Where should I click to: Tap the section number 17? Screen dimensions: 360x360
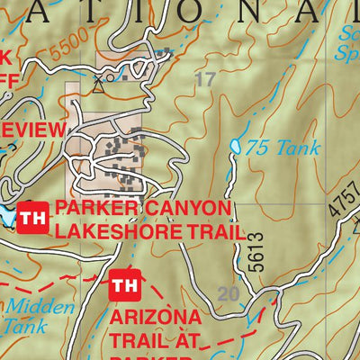[x=205, y=80]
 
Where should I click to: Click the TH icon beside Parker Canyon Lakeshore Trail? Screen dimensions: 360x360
[x=32, y=218]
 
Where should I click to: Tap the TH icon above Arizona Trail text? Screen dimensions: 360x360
[x=124, y=287]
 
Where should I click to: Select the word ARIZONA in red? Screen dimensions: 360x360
[x=156, y=319]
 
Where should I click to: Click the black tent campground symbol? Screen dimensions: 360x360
[x=98, y=87]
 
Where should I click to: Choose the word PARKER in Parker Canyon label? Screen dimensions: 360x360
[x=94, y=209]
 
